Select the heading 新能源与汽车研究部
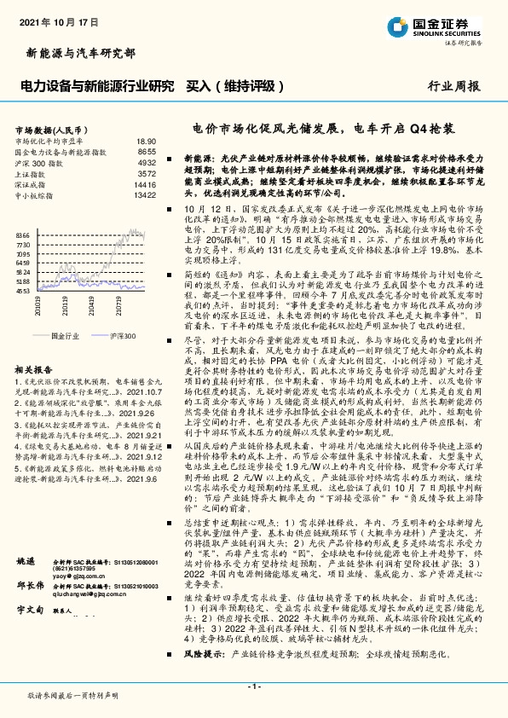(76, 53)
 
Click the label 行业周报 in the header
(453, 86)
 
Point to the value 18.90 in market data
(146, 141)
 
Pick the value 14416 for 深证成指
(145, 183)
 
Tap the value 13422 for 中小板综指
(145, 194)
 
